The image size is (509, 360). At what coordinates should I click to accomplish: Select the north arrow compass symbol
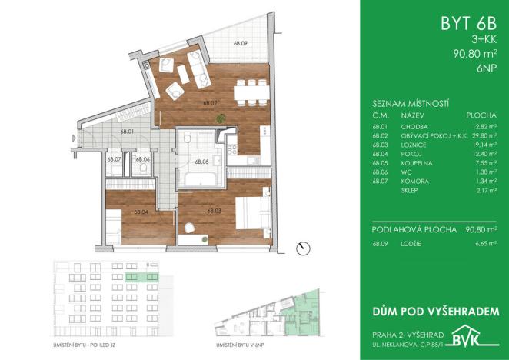304,248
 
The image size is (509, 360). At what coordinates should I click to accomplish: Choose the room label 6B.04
140,212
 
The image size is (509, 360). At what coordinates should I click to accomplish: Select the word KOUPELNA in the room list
416,162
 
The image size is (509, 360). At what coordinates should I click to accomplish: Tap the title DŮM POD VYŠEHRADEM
435,311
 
